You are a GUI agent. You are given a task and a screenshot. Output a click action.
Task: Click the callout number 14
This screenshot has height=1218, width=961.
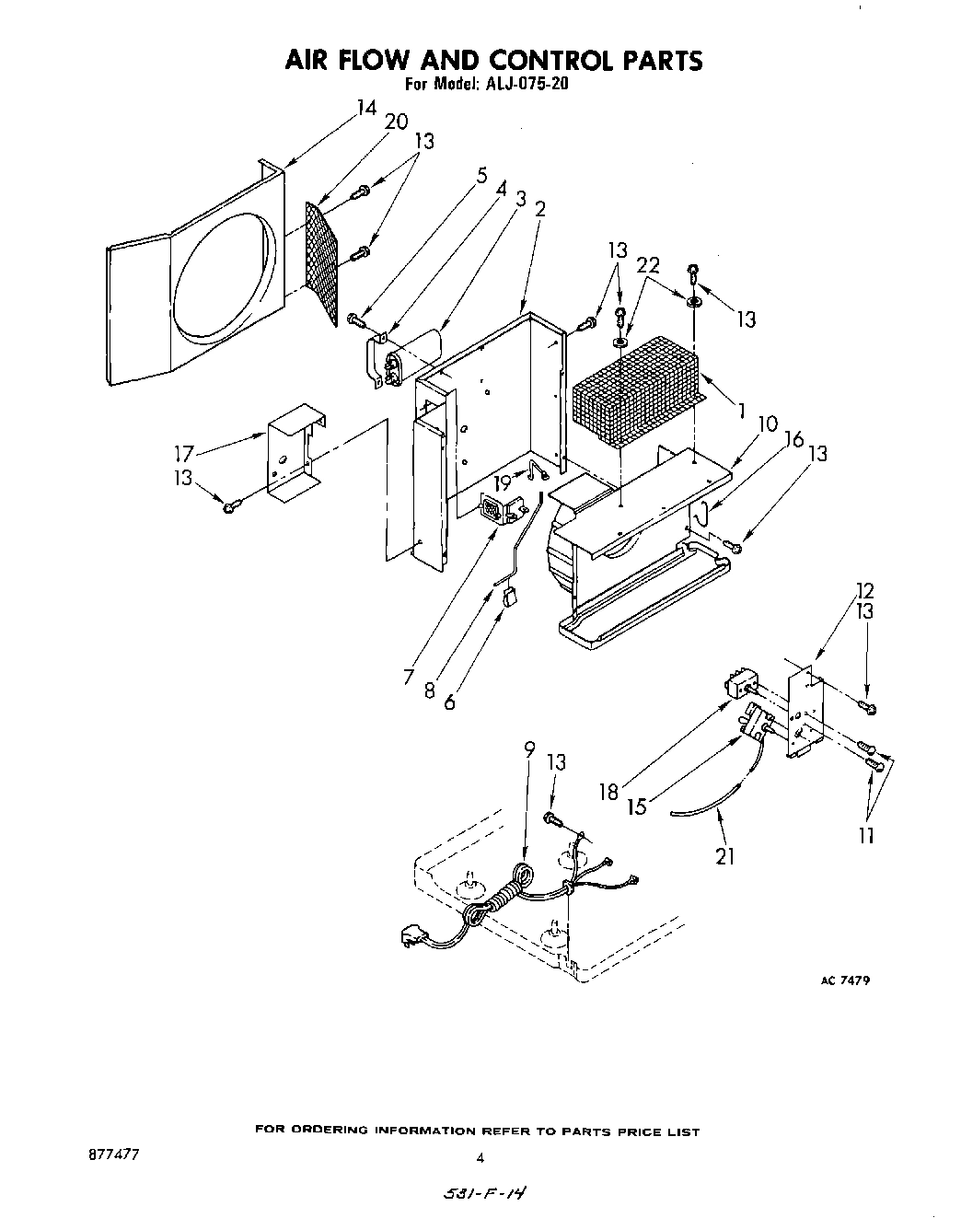pyautogui.click(x=366, y=109)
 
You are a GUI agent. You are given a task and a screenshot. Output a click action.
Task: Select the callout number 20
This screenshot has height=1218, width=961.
pyautogui.click(x=396, y=122)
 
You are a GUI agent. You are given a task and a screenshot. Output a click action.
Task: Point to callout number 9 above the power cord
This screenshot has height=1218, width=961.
pyautogui.click(x=528, y=749)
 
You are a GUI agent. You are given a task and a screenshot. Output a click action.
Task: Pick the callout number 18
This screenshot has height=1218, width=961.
pyautogui.click(x=608, y=792)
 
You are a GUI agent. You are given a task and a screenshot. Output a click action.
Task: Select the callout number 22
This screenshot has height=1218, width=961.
pyautogui.click(x=648, y=264)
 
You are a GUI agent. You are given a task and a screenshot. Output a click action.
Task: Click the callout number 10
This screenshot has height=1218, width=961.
pyautogui.click(x=768, y=424)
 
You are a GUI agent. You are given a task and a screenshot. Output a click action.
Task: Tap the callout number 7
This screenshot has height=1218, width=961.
pyautogui.click(x=409, y=677)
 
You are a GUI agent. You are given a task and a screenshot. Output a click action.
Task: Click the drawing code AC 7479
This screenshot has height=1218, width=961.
pyautogui.click(x=844, y=980)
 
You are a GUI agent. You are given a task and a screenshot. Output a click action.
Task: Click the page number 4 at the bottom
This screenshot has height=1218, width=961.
pyautogui.click(x=480, y=1157)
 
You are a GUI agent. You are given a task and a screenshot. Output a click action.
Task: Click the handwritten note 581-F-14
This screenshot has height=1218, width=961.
pyautogui.click(x=485, y=1194)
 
